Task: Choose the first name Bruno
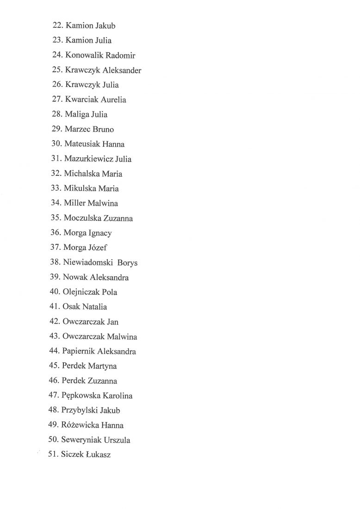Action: pyautogui.click(x=103, y=130)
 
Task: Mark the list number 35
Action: pyautogui.click(x=56, y=218)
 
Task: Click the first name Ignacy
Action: pyautogui.click(x=100, y=233)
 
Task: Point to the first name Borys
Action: pyautogui.click(x=127, y=263)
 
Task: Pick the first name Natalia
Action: pyautogui.click(x=94, y=307)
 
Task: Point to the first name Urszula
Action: pyautogui.click(x=117, y=440)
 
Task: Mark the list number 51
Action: pyautogui.click(x=53, y=455)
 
